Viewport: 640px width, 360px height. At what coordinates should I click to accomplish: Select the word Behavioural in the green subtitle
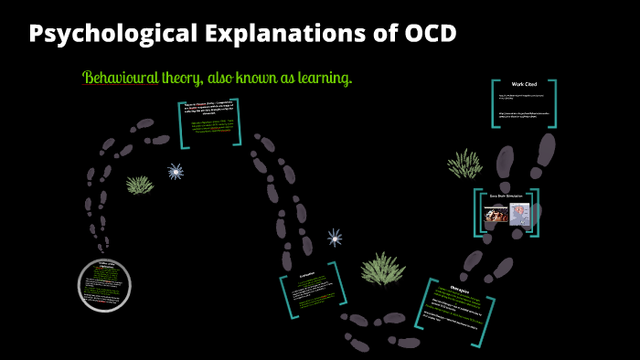[120, 79]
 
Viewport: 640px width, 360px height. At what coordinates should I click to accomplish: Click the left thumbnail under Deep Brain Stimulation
[495, 217]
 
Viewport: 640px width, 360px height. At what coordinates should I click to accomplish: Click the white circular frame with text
[103, 282]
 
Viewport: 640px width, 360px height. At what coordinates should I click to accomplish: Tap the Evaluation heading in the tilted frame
[306, 273]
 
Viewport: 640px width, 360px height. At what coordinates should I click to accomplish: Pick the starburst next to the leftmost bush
[176, 171]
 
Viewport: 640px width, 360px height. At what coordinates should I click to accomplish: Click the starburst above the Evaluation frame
[336, 238]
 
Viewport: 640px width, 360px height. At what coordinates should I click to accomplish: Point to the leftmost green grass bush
[140, 185]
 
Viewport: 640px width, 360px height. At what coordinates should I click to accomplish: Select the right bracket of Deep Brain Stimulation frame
[537, 211]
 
